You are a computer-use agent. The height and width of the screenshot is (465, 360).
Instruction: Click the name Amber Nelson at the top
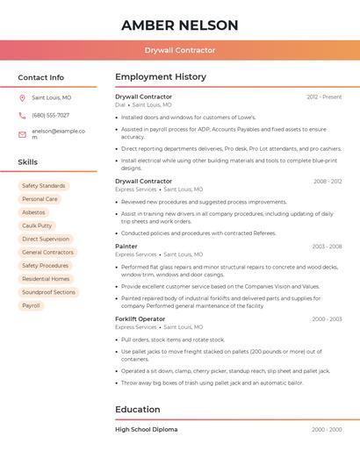(180, 25)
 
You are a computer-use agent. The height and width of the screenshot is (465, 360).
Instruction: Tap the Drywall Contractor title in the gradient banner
(180, 50)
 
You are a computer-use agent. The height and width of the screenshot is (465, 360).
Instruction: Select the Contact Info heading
(41, 77)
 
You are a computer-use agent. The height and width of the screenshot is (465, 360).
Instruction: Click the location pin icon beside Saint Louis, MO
(22, 97)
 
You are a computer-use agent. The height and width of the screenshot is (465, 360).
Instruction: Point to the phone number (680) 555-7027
(50, 115)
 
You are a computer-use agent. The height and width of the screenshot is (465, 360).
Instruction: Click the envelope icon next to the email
(22, 134)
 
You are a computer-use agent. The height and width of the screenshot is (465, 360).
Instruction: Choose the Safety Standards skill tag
(43, 186)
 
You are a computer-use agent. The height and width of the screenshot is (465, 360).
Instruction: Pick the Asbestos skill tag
(33, 212)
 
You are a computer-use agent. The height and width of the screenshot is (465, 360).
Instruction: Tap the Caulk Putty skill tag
(37, 225)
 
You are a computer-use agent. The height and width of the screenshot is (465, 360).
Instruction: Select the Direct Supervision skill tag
(46, 239)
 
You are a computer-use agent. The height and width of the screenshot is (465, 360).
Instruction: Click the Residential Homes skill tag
(46, 279)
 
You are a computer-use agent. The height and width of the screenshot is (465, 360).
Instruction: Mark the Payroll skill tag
(31, 305)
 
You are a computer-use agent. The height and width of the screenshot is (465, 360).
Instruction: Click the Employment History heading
(161, 77)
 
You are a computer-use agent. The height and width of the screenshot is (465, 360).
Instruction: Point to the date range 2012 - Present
(324, 97)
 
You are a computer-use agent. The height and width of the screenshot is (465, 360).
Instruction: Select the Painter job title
(126, 247)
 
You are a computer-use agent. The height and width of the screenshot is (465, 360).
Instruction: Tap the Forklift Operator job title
(140, 319)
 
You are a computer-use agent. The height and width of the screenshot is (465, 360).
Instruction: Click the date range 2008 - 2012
(328, 182)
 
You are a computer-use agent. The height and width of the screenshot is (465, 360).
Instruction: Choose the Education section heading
(138, 409)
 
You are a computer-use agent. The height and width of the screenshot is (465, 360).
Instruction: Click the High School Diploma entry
(147, 430)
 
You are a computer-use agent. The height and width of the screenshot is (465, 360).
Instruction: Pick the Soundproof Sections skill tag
(48, 292)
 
